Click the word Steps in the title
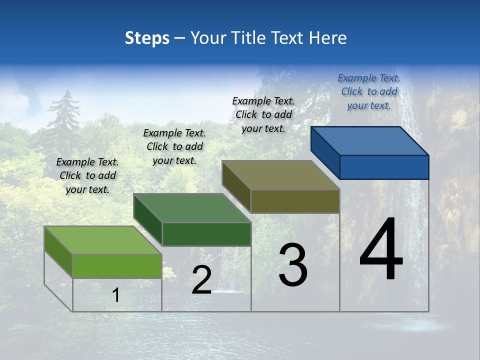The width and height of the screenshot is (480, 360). (147, 38)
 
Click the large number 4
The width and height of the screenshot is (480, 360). (381, 250)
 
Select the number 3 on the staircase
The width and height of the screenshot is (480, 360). (292, 265)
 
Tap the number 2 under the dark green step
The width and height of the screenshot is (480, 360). (201, 280)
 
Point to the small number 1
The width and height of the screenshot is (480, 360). (115, 295)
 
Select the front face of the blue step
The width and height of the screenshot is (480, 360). (384, 167)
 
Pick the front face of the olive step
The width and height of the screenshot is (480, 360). (295, 201)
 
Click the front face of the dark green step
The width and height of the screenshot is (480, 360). (206, 234)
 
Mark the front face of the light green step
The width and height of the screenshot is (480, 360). (117, 266)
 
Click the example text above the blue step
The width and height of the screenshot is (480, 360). (369, 91)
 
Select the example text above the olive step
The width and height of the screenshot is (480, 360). (263, 114)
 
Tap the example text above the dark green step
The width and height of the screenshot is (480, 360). (174, 146)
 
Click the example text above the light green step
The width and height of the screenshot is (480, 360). (87, 175)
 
